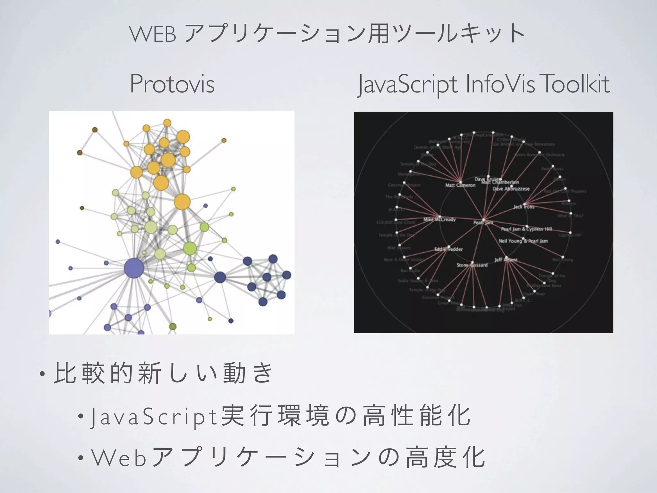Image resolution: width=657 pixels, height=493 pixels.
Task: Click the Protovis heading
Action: (172, 84)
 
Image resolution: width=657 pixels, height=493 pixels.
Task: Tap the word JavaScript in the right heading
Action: (408, 85)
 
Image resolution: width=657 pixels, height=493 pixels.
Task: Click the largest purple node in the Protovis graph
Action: (134, 268)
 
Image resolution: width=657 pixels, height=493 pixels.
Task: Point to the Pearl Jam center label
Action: (483, 222)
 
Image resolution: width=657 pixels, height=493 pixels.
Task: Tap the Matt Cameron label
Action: (460, 185)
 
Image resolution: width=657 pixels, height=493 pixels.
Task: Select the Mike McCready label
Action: (439, 220)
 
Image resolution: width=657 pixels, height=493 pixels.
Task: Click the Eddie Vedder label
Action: (448, 249)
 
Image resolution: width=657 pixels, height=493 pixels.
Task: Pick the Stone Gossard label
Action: (472, 265)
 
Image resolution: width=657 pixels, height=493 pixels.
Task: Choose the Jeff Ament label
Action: (506, 260)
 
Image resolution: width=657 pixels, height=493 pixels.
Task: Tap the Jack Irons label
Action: (524, 207)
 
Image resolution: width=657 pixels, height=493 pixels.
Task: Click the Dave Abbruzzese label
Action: (511, 189)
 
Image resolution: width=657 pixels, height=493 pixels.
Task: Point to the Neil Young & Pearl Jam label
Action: (523, 241)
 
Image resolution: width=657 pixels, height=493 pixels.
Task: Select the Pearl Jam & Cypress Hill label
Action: (526, 229)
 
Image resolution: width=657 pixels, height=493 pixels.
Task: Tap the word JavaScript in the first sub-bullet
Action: (154, 417)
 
